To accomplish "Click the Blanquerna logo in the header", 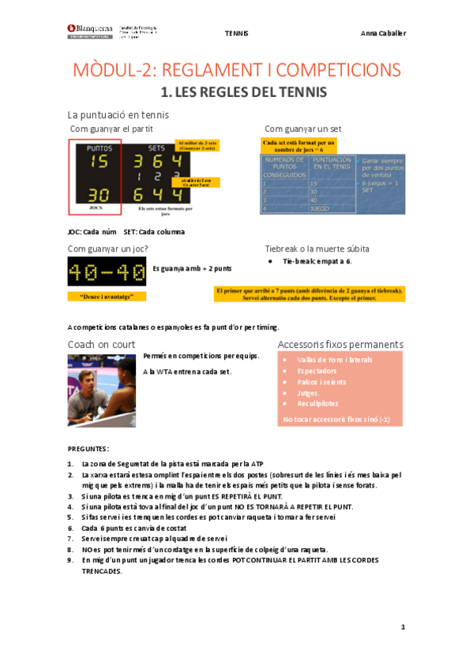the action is [90, 30].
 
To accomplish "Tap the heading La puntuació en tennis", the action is [118, 115].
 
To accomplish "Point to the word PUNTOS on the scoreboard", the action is [99, 148].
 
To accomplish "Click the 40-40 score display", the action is [107, 273].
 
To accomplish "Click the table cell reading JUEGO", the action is [321, 209].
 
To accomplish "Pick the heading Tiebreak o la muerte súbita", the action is [317, 249].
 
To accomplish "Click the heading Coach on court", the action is [102, 345].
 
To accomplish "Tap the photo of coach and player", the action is [103, 379].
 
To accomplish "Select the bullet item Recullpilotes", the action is [317, 403].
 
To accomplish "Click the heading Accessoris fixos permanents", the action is [340, 345].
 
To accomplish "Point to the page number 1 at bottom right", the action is [403, 627].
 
